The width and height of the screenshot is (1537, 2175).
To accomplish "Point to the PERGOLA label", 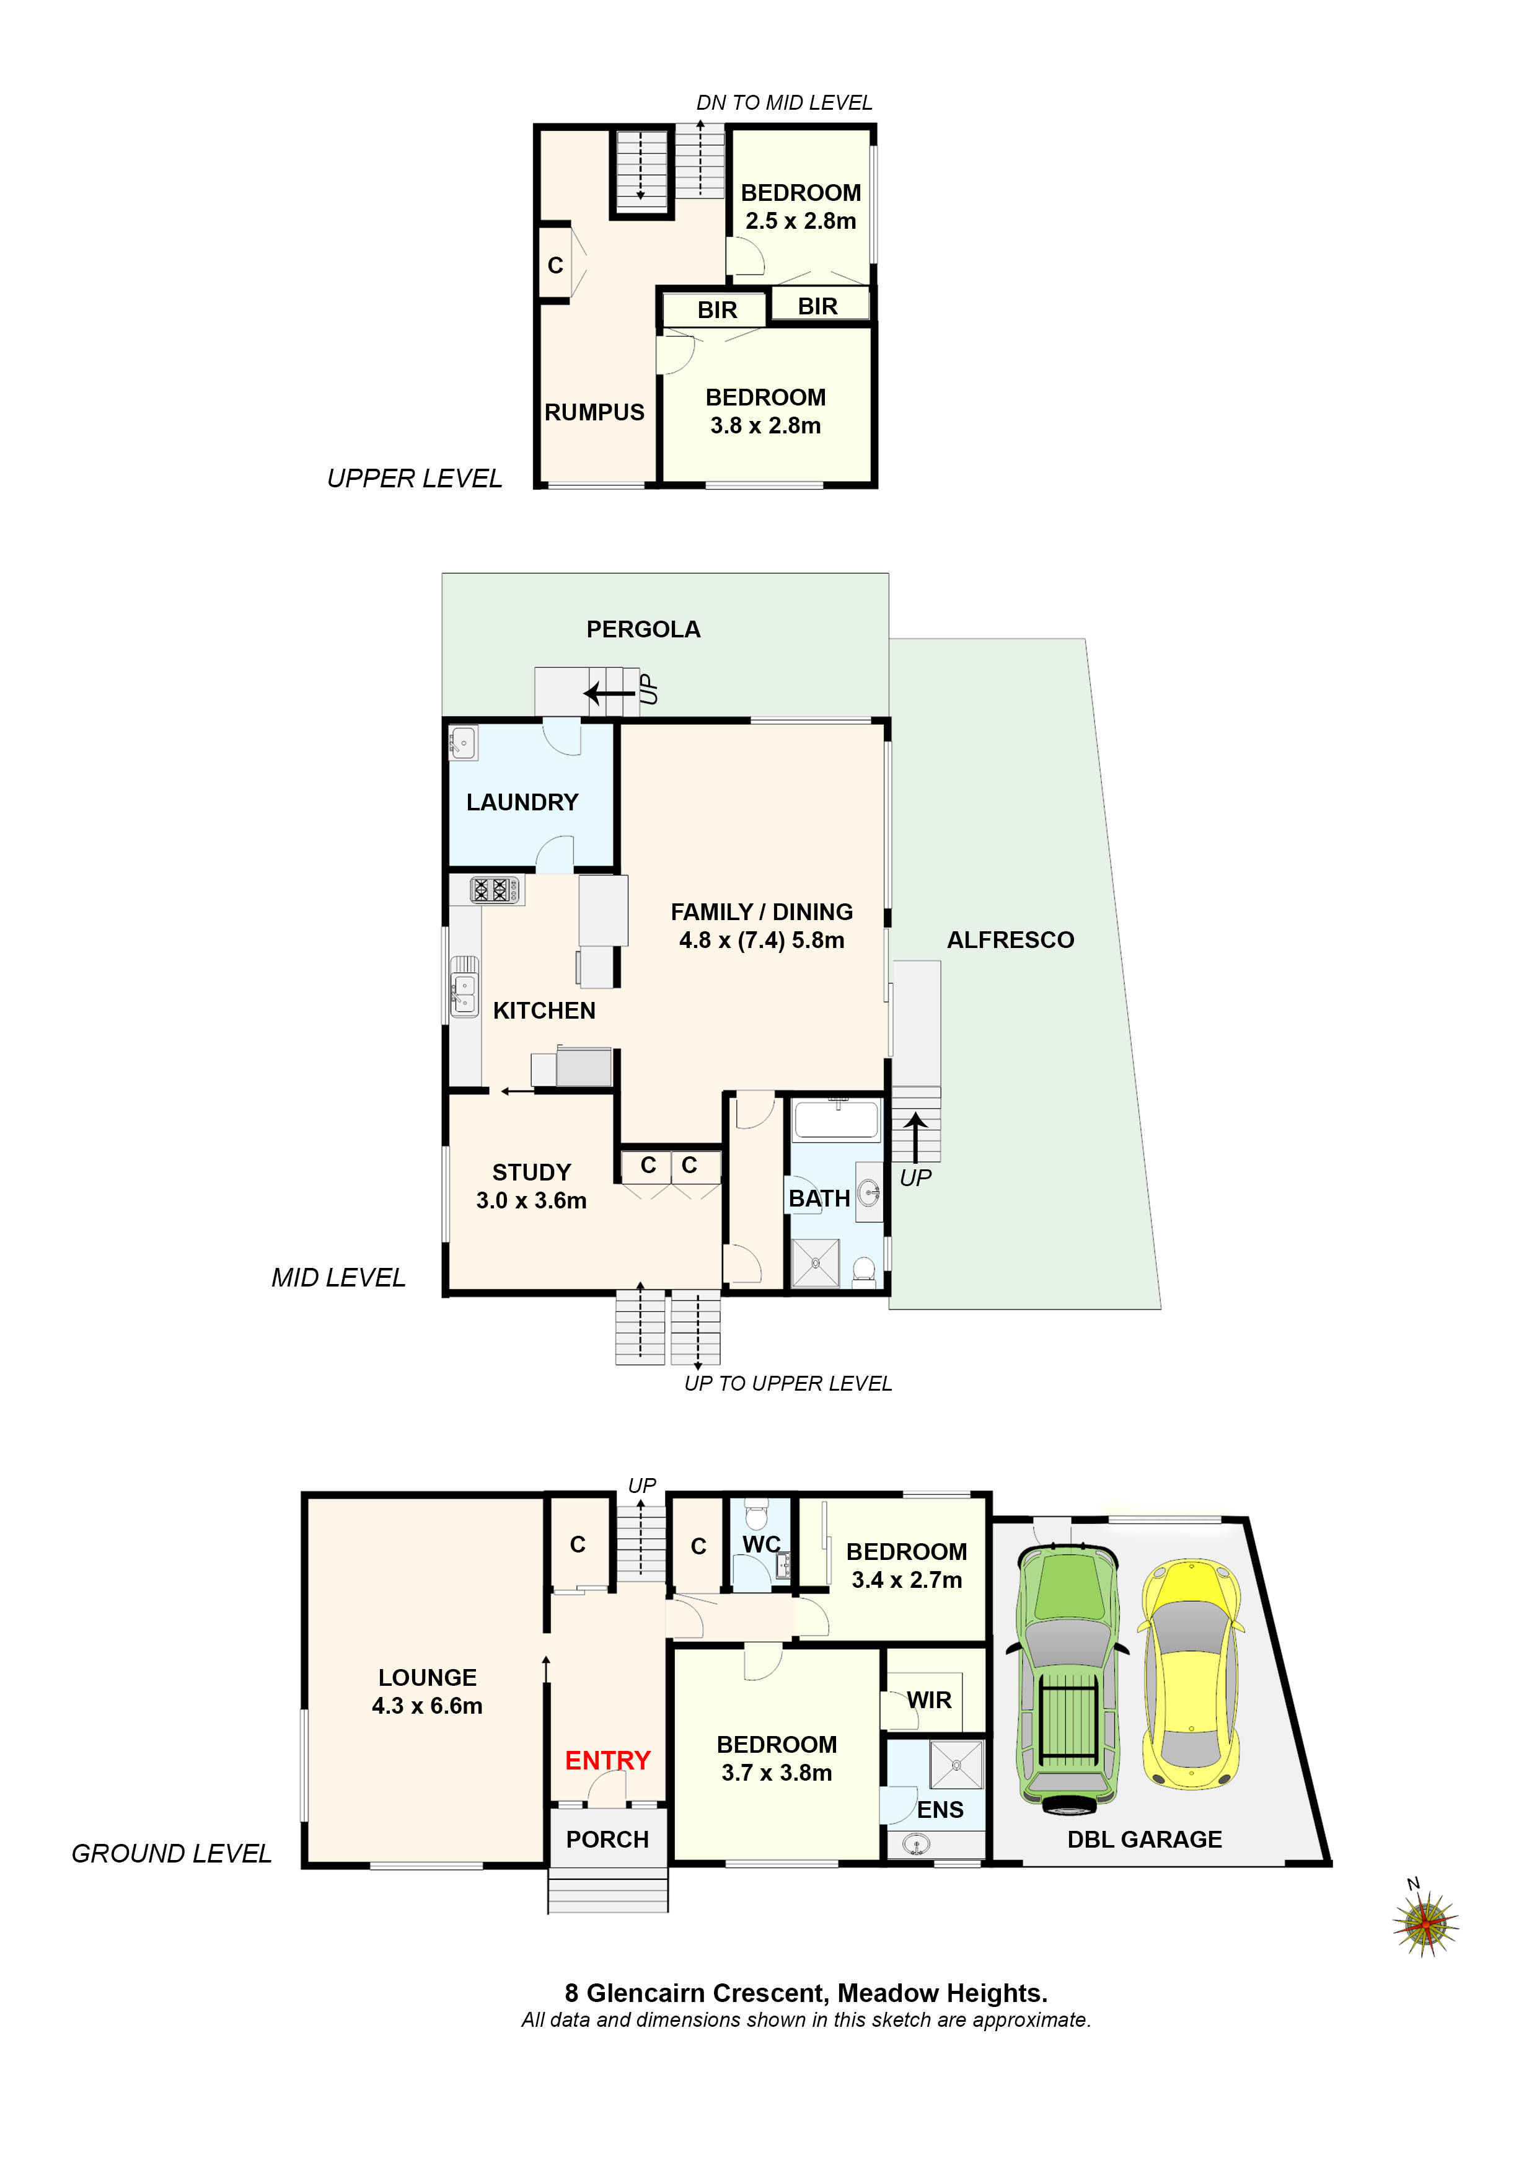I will point(643,629).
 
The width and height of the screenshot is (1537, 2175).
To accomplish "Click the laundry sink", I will point(463,743).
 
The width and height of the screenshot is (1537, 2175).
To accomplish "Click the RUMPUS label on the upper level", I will point(594,412).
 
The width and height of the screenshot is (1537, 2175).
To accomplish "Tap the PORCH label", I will point(607,1839).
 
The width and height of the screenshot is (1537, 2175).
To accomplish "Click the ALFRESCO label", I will point(1010,940).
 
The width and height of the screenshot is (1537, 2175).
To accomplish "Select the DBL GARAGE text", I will point(1144,1839).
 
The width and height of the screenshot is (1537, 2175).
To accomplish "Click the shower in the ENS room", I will point(956,1765).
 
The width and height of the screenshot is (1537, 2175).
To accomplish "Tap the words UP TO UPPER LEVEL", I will point(788,1383).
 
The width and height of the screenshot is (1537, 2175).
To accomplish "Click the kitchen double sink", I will point(464,994).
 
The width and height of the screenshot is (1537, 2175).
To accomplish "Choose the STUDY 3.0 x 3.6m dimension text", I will point(531,1200).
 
